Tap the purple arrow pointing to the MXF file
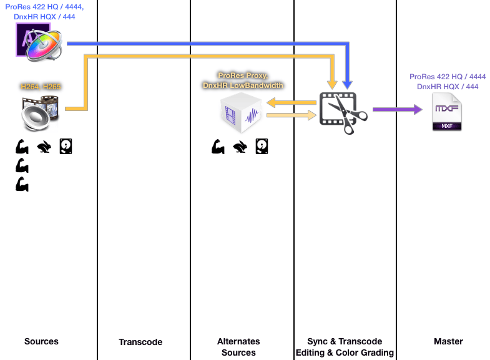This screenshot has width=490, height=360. pos(397,110)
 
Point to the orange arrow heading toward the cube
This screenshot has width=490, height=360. pos(290,102)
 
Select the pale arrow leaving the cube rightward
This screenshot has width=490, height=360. pos(290,115)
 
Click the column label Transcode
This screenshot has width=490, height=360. pos(140,342)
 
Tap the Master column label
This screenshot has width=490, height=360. pos(448,341)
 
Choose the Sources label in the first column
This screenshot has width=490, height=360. pos(41,341)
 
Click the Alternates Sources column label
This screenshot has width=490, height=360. pos(238,347)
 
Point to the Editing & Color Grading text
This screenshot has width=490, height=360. pos(344,353)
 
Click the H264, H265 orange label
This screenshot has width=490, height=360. pos(41,87)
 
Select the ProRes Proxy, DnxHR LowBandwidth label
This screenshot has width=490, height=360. pos(243,80)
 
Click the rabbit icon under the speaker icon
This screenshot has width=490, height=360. pos(44,147)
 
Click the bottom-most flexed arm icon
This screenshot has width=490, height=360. pos(22,185)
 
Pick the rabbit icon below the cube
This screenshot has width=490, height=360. pos(240,147)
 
